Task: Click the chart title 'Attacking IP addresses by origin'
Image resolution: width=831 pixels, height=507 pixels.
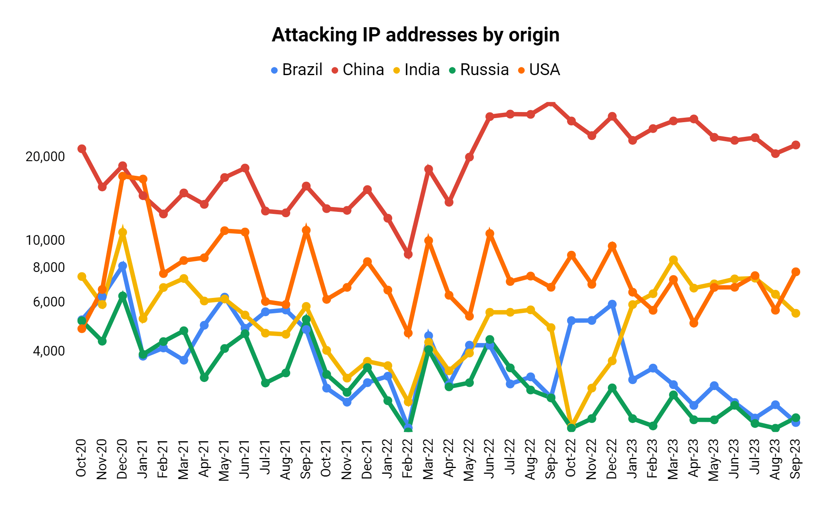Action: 415,35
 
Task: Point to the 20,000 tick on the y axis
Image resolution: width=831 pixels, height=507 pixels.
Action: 45,157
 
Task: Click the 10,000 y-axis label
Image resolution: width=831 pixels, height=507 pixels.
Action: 45,240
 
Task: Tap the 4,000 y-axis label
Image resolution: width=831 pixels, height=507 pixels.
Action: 48,351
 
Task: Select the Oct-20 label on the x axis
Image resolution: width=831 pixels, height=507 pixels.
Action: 81,458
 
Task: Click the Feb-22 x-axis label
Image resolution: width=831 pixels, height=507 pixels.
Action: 408,458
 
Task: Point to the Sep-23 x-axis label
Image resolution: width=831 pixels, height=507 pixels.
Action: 796,458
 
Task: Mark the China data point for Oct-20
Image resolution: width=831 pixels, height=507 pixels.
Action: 82,149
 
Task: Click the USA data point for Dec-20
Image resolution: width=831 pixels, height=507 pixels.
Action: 123,176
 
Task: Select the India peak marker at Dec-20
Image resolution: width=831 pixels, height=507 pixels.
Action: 123,233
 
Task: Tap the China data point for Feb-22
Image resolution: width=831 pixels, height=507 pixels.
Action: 408,255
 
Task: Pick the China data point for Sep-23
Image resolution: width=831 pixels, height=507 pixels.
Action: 796,145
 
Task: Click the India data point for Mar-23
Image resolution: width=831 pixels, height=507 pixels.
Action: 673,260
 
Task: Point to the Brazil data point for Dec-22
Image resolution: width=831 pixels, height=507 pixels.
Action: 612,304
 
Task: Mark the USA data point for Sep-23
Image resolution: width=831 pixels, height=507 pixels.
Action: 796,272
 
